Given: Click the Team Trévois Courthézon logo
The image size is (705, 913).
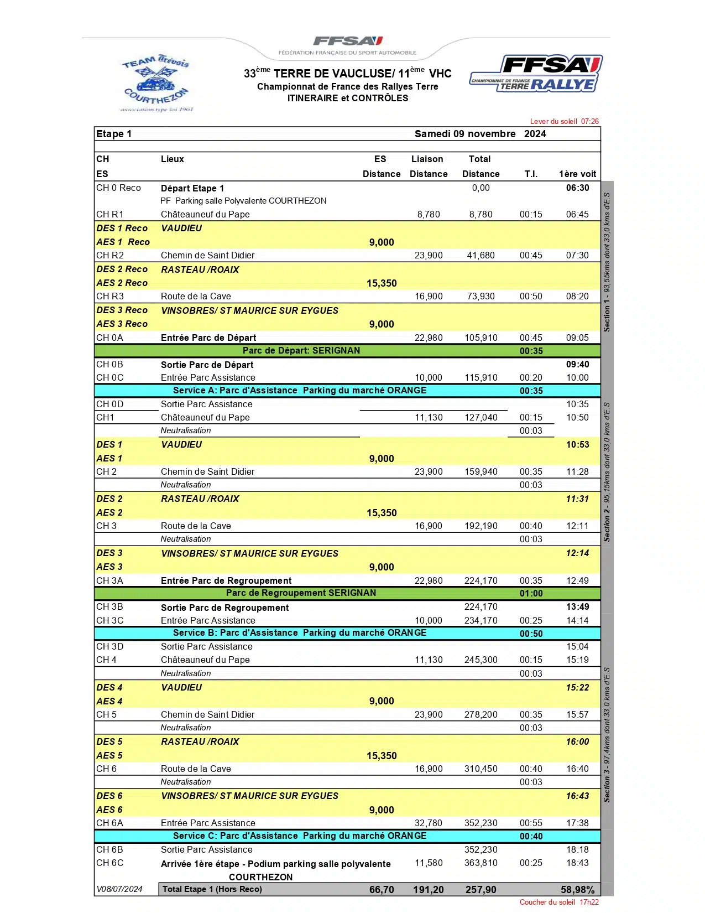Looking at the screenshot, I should pyautogui.click(x=156, y=83).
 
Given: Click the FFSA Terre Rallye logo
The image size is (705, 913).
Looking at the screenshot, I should pyautogui.click(x=536, y=74).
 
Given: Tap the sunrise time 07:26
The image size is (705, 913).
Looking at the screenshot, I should pyautogui.click(x=589, y=121).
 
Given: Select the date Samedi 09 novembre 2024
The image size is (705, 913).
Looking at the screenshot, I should pyautogui.click(x=480, y=134).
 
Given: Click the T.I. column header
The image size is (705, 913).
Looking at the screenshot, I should pyautogui.click(x=531, y=174).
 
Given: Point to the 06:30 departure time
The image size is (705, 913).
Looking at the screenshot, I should pyautogui.click(x=577, y=188).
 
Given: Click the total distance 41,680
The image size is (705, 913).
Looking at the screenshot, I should pyautogui.click(x=481, y=255).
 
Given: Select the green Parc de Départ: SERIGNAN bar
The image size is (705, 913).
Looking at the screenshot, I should pyautogui.click(x=301, y=350).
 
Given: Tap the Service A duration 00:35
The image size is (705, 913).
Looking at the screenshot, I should pyautogui.click(x=531, y=391).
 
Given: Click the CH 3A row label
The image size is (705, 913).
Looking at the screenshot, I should pyautogui.click(x=110, y=580).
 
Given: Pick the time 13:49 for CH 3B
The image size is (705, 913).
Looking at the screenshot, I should pyautogui.click(x=577, y=606).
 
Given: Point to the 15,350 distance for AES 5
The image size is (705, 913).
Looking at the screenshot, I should pyautogui.click(x=382, y=755).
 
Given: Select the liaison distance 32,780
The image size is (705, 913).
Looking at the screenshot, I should pyautogui.click(x=429, y=823).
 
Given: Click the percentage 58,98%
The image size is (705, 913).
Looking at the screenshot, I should pyautogui.click(x=577, y=890).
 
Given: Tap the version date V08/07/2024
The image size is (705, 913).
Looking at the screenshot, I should pyautogui.click(x=119, y=889).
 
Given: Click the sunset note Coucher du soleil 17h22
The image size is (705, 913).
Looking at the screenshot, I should pyautogui.click(x=558, y=902).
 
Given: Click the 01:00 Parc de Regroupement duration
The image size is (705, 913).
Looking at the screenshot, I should pyautogui.click(x=531, y=593).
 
